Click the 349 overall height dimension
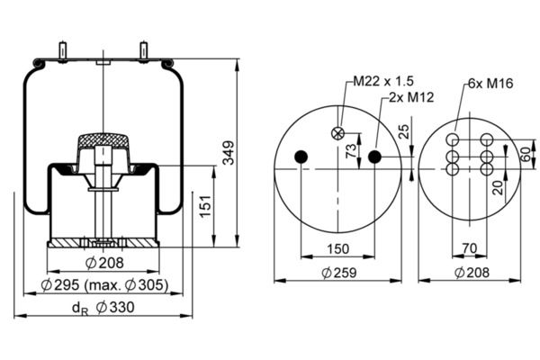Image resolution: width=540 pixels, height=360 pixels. click(228, 153)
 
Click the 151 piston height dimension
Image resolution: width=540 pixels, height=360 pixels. click(205, 206)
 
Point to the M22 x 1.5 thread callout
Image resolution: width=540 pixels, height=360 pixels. click(383, 81)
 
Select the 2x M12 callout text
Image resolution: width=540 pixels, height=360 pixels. click(411, 97)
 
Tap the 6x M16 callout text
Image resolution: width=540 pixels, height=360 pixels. click(490, 84)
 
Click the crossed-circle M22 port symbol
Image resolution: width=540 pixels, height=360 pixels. click(337, 133)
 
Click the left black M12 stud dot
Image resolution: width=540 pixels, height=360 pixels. click(301, 157)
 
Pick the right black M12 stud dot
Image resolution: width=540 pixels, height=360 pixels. click(374, 157)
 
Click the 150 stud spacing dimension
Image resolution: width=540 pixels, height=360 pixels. click(337, 248)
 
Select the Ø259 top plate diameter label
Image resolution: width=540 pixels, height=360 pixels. click(339, 273)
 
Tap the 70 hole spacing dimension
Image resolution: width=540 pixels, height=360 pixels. click(470, 248)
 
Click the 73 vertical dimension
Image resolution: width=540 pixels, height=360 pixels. click(351, 151)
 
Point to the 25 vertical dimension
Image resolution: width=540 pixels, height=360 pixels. click(404, 131)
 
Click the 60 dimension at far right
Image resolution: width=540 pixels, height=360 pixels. click(526, 155)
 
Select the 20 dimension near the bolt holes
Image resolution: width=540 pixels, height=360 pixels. click(498, 188)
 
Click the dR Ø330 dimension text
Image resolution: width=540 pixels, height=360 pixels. click(103, 308)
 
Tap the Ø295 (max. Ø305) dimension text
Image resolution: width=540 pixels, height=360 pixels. click(104, 285)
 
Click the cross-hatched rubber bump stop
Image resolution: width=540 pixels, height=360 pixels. click(103, 140)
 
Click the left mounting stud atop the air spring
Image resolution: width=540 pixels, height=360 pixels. click(63, 51)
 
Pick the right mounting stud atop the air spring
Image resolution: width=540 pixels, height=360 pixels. click(144, 51)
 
